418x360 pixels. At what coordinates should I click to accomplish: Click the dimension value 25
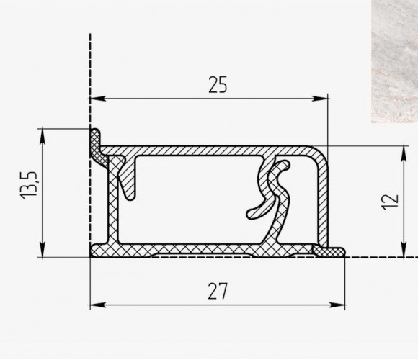(x=218, y=85)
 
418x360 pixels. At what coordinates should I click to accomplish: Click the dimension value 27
(x=218, y=291)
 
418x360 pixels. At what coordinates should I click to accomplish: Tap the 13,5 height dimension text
(x=29, y=185)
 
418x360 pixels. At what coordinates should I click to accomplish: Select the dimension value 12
(x=391, y=202)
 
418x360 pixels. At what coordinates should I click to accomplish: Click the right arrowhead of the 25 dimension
(x=320, y=99)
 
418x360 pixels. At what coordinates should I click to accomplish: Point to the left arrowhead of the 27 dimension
(x=98, y=305)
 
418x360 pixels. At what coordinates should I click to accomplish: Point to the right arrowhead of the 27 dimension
(x=337, y=305)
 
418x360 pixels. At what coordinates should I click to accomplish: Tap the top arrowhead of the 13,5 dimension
(x=43, y=137)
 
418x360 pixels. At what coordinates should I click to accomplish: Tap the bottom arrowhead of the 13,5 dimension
(x=43, y=250)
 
